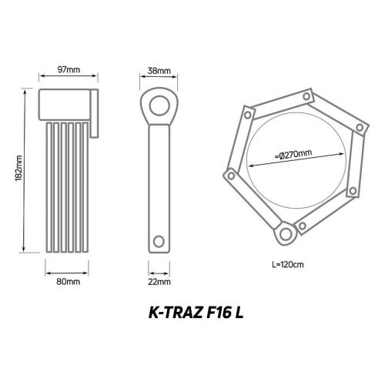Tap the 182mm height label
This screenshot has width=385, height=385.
[18, 170]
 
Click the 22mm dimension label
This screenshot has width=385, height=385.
[160, 282]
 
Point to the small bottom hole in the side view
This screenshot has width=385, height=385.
[159, 239]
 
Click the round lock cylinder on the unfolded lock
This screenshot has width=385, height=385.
[283, 232]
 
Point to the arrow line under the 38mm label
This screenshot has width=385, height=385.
[159, 79]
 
